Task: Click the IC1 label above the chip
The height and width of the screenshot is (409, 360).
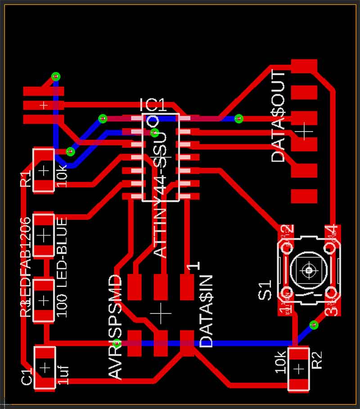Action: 153,105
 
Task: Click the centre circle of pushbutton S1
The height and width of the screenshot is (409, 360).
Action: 309,270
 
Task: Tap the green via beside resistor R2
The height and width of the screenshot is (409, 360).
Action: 314,324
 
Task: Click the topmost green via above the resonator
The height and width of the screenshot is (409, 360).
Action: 55,76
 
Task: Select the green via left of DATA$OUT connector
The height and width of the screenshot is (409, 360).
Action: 239,118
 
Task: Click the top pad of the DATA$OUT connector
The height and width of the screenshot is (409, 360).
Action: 304,66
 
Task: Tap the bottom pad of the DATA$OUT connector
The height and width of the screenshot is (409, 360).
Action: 304,196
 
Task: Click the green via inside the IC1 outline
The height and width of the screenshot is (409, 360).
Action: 154,132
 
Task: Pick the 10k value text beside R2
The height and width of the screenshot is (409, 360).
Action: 280,361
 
